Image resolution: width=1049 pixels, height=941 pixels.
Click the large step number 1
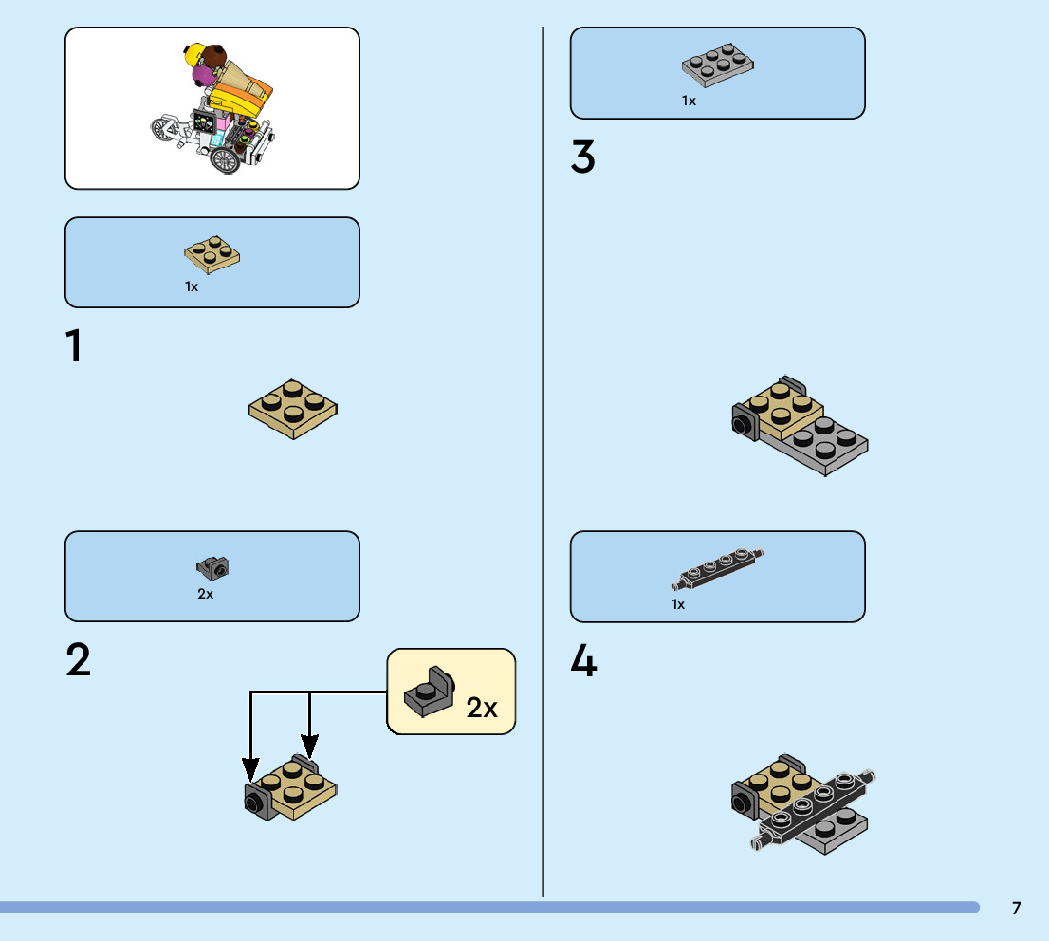[73, 347]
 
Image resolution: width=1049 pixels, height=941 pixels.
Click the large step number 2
[79, 660]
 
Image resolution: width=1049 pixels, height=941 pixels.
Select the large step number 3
[582, 157]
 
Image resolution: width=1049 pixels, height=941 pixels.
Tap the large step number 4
[583, 661]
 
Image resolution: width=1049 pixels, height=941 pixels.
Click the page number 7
[1016, 908]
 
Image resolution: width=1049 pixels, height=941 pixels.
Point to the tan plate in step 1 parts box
[212, 253]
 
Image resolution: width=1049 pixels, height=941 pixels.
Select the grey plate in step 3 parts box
[718, 65]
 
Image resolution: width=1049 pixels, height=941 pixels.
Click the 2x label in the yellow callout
[482, 708]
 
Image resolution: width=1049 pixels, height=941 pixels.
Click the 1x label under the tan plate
[192, 286]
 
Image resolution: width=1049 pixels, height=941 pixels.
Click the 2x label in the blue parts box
[205, 595]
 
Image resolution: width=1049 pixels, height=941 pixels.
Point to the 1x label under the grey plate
[689, 101]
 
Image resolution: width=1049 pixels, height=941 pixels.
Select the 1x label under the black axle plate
[677, 604]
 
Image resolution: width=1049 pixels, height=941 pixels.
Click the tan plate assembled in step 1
[294, 409]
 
